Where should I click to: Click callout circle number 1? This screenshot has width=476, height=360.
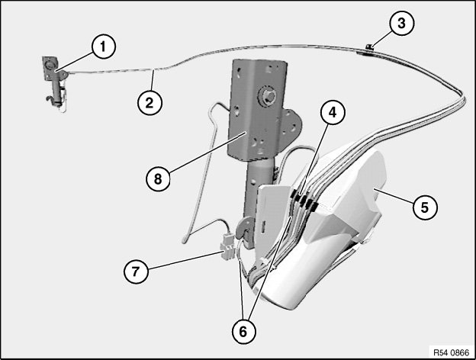point(104,47)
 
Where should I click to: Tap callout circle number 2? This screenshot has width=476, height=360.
point(150,103)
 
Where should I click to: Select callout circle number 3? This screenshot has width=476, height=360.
point(401,23)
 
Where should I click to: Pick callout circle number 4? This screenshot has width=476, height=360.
point(333,113)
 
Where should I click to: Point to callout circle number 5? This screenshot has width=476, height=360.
point(425,207)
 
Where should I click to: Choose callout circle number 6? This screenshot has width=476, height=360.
point(243,332)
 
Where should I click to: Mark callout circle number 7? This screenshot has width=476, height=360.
point(136,271)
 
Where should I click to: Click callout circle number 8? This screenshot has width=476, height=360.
point(158,178)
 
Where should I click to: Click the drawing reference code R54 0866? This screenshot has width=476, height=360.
point(451,352)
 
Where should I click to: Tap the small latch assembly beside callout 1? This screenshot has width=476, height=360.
point(55,82)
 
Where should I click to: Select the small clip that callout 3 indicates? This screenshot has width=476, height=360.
point(369,47)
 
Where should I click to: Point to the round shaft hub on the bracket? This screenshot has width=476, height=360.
point(268,96)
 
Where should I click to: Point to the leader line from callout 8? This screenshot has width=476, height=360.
point(207,153)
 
